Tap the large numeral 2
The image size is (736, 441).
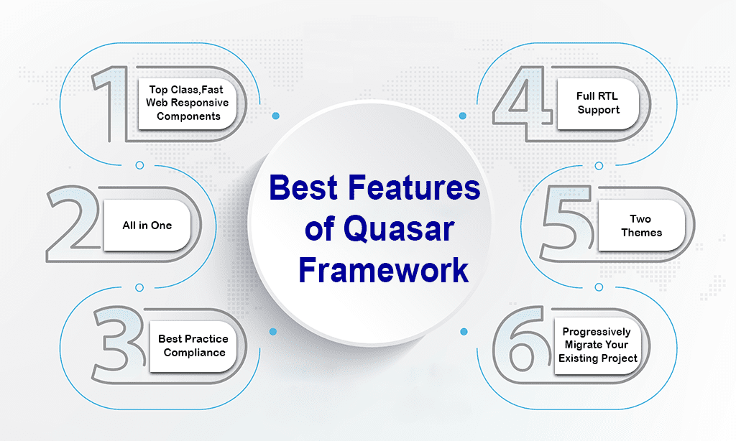(70, 244)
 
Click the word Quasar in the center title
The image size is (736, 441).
(398, 229)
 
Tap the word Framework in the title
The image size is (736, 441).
(384, 270)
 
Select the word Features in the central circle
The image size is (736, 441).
(414, 187)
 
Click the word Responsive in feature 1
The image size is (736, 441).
(200, 103)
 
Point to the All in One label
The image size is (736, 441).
(147, 226)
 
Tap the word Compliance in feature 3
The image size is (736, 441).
(194, 353)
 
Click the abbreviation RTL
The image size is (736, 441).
(608, 96)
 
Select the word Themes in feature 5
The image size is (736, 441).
(642, 232)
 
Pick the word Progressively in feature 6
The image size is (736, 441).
(597, 332)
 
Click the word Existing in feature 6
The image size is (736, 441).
(576, 358)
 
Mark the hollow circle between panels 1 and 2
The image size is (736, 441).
(139, 165)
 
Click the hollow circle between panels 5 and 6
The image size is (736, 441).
(599, 287)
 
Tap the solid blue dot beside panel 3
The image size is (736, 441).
(272, 332)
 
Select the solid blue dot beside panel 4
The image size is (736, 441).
(463, 116)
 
